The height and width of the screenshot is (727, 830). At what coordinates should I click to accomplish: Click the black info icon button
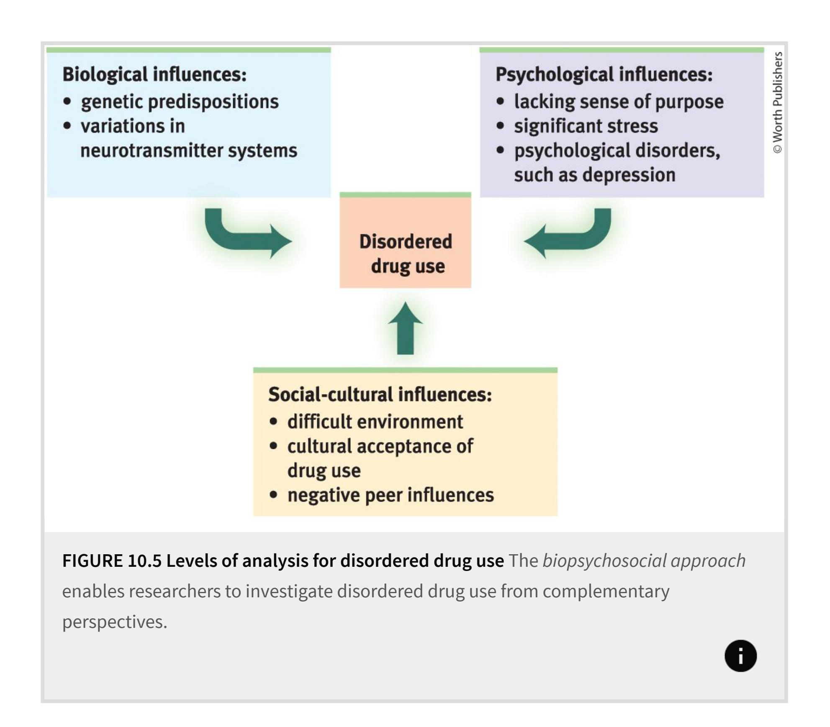tap(740, 655)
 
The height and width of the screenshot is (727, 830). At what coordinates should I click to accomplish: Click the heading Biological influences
tap(154, 74)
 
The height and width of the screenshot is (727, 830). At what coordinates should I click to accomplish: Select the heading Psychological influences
tap(604, 74)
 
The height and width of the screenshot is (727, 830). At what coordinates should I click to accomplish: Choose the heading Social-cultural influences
tap(380, 394)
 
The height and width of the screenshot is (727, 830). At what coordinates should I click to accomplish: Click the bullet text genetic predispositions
tap(180, 102)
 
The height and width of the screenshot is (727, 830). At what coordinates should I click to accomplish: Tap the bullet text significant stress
tap(586, 126)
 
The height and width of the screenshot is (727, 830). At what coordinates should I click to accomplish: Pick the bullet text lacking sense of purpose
tap(618, 102)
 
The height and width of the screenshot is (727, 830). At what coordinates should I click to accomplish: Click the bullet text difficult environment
tap(375, 422)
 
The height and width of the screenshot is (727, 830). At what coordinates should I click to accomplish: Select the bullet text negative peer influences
tap(390, 495)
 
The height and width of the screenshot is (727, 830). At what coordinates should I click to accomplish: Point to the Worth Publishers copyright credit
tap(777, 102)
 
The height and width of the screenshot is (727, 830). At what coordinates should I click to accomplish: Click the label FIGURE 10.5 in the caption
tap(112, 561)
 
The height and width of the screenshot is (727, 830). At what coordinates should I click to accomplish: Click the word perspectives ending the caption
tap(114, 622)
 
